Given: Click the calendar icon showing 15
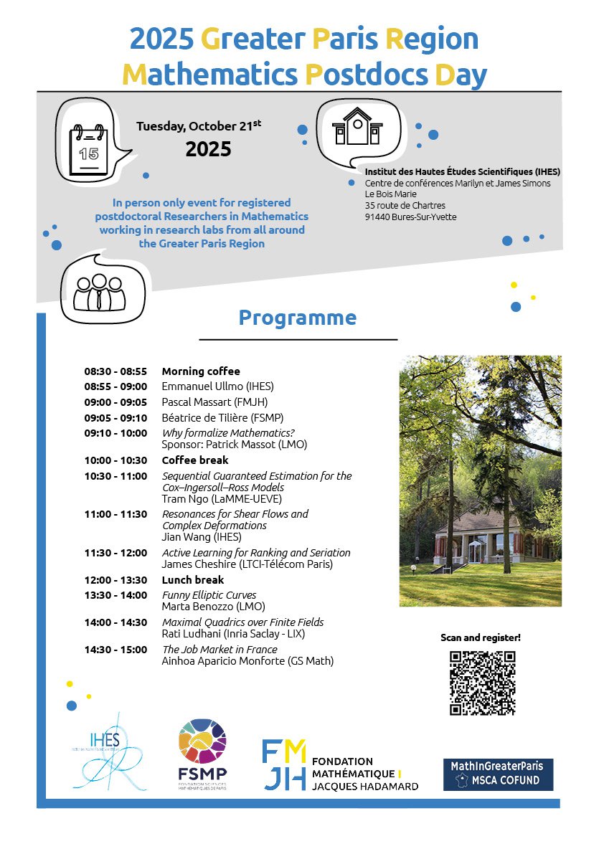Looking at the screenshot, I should (89, 149).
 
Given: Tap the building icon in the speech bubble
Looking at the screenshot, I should (357, 126).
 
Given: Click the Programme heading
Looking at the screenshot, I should (297, 318).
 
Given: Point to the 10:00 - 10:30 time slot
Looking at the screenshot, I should (115, 460).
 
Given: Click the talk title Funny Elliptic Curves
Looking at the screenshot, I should (209, 595).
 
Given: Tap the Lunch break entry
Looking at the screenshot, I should (193, 580).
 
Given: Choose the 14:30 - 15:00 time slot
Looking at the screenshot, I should (115, 650).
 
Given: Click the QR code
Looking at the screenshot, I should (482, 683).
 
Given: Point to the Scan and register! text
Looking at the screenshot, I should (481, 637).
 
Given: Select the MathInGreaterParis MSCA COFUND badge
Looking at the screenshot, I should (498, 774).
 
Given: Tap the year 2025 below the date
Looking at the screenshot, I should (208, 149).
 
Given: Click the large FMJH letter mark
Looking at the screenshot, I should (285, 765).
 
